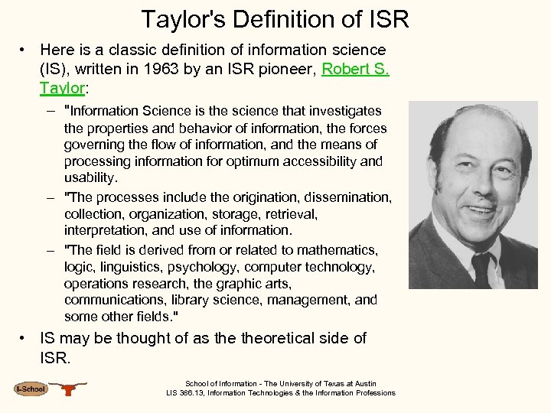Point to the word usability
91,177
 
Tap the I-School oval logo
31,389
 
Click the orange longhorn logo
70,389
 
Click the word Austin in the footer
365,384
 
